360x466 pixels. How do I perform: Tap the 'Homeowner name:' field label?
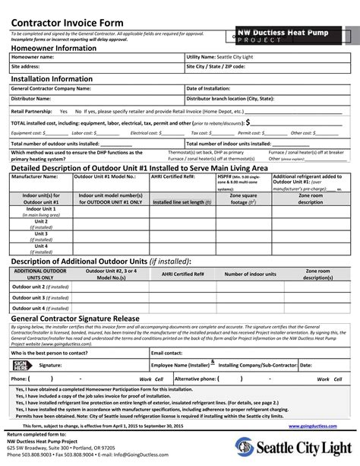click(33, 57)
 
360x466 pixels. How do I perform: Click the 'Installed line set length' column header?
click(178, 203)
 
